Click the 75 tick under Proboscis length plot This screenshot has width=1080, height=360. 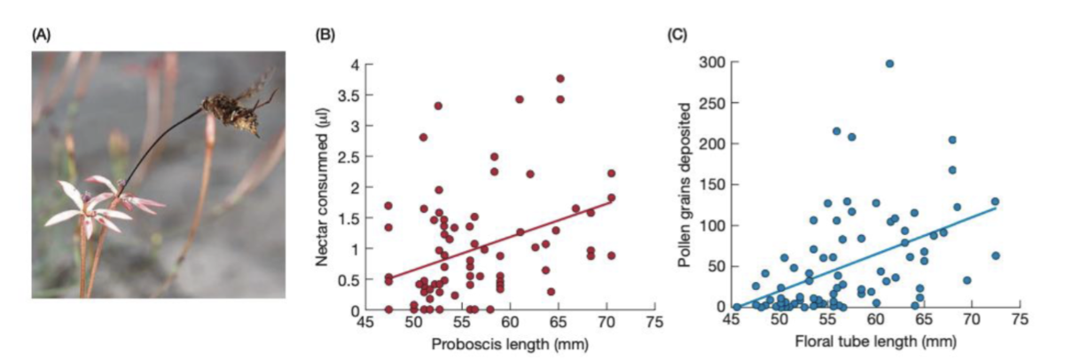coord(654,325)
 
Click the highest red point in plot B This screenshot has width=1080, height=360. coord(560,78)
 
